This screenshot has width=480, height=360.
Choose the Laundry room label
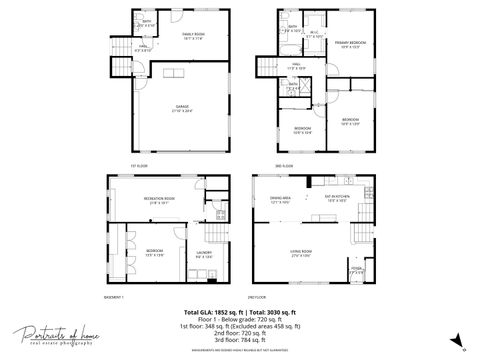point(202,254)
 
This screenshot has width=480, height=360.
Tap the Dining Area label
point(280,199)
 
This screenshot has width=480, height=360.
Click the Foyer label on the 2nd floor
point(356,269)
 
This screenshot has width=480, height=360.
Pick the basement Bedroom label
point(154,252)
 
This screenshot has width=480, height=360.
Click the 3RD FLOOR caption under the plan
point(284,166)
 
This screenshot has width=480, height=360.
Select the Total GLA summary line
point(240,313)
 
